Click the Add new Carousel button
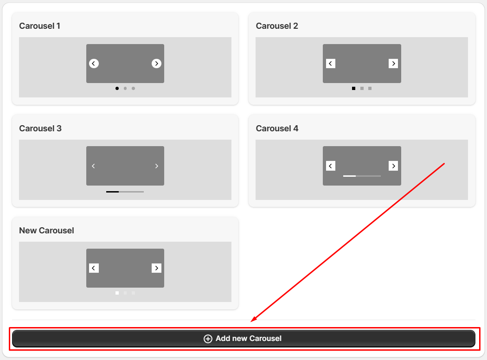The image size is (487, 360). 243,339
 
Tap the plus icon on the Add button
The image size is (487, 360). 208,339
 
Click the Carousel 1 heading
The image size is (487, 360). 39,26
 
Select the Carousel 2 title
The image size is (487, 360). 277,26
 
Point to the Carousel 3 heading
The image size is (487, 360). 40,129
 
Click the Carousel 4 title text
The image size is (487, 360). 277,129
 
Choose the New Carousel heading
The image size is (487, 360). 46,231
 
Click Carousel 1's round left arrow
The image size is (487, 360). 94,64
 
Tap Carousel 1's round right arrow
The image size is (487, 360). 157,64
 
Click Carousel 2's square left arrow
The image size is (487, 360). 330,64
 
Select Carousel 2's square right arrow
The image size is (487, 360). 393,64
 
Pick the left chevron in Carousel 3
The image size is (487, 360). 94,166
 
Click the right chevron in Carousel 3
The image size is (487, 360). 157,166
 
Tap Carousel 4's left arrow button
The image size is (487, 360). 330,166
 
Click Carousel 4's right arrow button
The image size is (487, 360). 393,166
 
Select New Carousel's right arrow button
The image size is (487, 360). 157,268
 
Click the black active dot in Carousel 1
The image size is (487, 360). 117,89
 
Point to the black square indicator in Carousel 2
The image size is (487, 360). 353,89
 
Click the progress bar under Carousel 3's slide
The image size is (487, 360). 125,192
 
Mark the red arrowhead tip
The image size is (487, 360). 250,322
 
